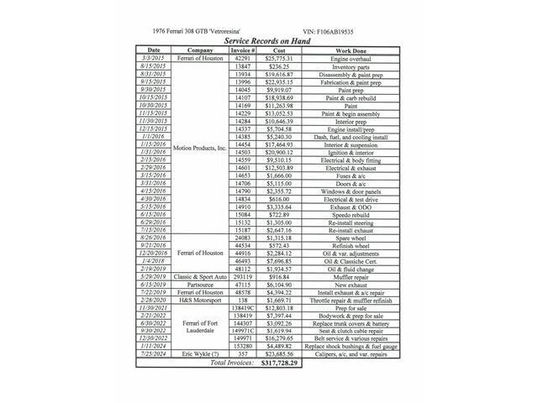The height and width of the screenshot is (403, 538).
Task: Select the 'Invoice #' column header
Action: point(242,50)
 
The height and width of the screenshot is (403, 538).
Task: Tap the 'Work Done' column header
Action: point(345,50)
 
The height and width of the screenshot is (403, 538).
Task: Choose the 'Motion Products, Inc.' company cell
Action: point(199,148)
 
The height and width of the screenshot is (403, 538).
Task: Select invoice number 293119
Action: point(242,276)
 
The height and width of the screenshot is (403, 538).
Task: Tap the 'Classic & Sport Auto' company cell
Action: point(199,276)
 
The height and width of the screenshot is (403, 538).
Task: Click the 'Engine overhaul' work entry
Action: point(345,58)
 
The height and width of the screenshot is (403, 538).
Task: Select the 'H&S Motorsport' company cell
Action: point(199,300)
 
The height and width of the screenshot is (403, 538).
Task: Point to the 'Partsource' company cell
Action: point(199,284)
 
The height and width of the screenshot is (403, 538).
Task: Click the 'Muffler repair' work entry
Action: point(345,276)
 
